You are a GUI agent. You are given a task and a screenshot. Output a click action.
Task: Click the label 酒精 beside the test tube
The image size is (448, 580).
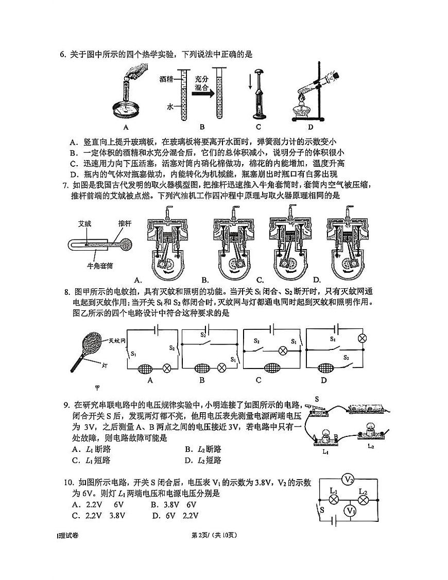tap(166, 79)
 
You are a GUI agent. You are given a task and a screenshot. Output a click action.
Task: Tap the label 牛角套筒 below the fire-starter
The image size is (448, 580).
tap(99, 266)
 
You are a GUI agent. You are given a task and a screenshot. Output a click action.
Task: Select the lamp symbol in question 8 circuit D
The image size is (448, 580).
tap(361, 338)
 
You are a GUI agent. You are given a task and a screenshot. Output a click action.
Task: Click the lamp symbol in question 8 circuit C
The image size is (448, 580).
tap(282, 350)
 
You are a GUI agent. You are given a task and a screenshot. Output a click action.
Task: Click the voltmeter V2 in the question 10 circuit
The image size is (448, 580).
tap(349, 480)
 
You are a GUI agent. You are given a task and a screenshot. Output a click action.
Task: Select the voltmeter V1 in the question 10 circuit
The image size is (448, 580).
tap(350, 511)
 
